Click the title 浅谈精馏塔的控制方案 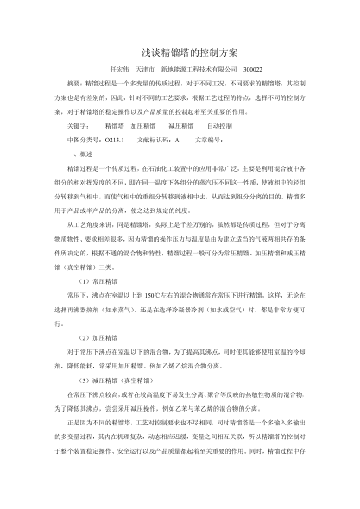coord(180,52)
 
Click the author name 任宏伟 coord(116,69)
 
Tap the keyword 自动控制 coord(218,126)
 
